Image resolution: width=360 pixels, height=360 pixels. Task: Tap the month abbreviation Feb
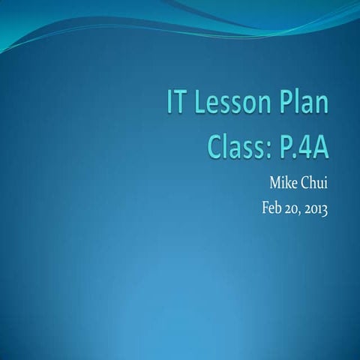pyautogui.click(x=256, y=204)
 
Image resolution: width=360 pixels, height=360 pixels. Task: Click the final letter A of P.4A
pyautogui.click(x=322, y=145)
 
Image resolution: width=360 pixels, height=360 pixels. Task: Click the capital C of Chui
pyautogui.click(x=302, y=181)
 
